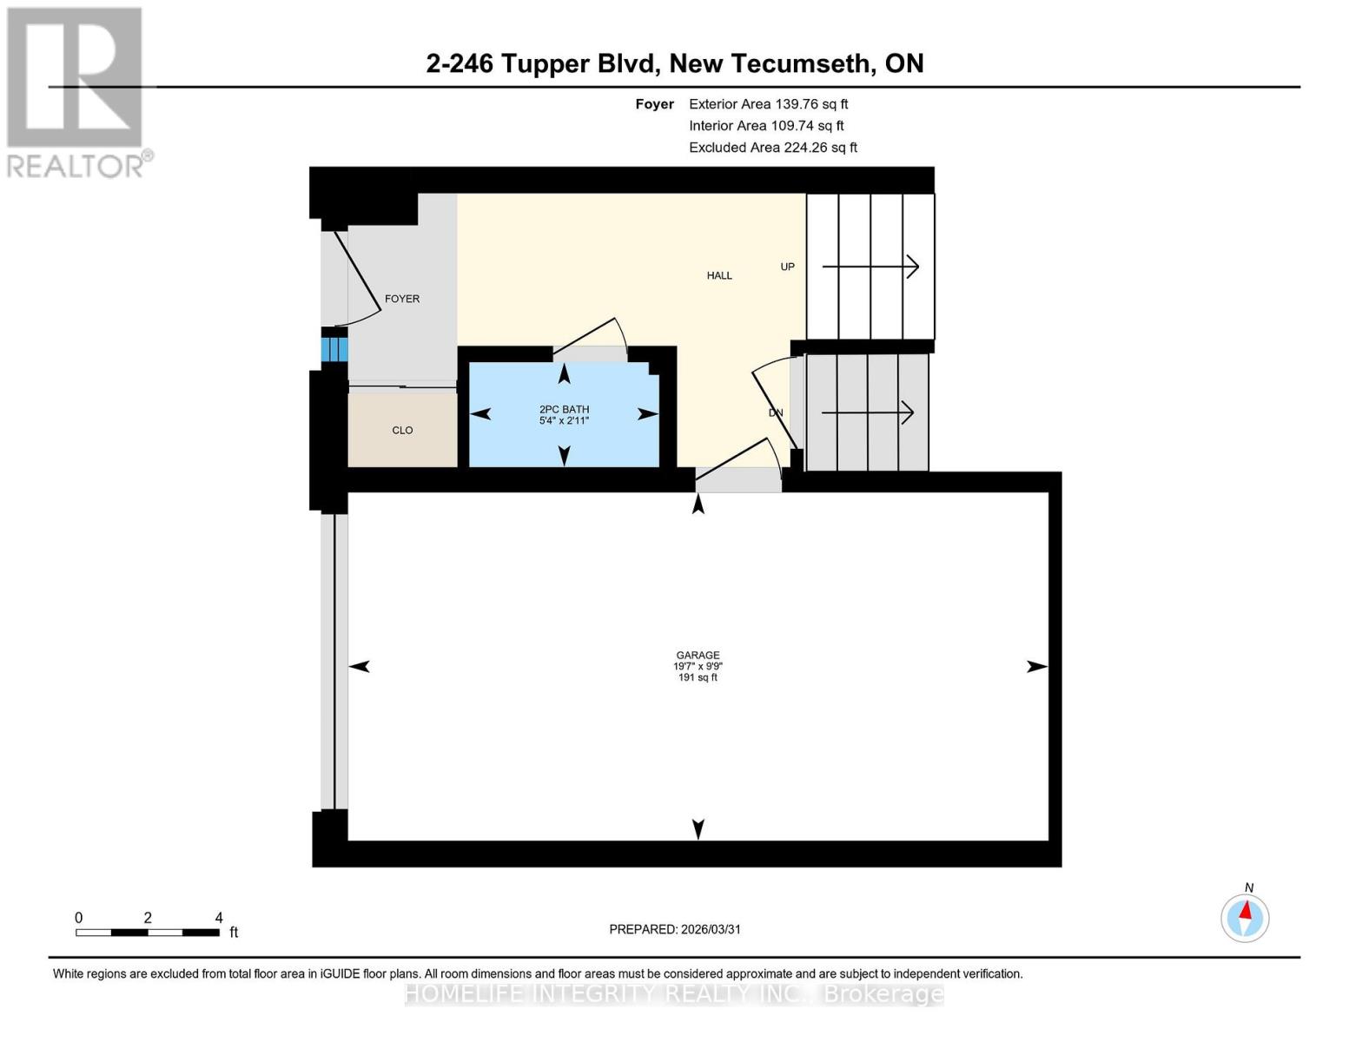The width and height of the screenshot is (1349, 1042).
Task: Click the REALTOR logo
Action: [x=76, y=91]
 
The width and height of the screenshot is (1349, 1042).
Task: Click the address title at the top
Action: [x=674, y=63]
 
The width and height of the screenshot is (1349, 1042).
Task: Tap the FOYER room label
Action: [x=402, y=299]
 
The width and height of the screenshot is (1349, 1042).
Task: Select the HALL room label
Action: [x=719, y=275]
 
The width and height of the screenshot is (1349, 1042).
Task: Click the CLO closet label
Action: [x=402, y=430]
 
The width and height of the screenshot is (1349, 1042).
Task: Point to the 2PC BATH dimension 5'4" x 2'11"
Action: [x=564, y=420]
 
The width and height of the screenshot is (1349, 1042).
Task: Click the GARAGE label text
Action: [x=698, y=656]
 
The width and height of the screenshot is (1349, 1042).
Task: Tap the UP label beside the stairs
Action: [x=787, y=267]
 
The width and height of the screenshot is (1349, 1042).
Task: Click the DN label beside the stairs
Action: [x=776, y=412]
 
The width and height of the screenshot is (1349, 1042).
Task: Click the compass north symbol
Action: [x=1245, y=917]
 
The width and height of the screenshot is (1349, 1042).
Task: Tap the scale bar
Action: [x=147, y=933]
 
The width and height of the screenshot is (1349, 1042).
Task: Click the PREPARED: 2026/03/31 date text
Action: [x=675, y=929]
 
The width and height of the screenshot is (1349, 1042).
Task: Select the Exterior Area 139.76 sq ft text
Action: [x=768, y=103]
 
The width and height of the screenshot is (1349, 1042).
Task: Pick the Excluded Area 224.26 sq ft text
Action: [x=773, y=148]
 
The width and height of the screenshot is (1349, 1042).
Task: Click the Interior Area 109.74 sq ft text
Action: [x=766, y=126]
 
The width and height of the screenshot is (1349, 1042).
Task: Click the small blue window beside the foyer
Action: [x=334, y=349]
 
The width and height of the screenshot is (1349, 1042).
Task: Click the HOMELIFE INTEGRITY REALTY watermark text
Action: [x=674, y=993]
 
